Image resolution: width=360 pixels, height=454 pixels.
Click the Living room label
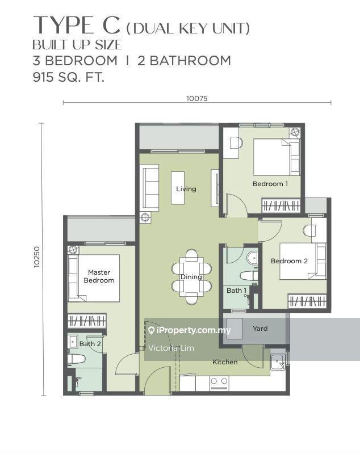(186, 189)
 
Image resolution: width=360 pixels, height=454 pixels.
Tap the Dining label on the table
(191, 277)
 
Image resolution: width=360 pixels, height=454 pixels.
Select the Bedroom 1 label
(270, 183)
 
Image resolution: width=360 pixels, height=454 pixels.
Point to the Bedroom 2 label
(289, 261)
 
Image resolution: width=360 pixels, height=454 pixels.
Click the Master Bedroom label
(99, 276)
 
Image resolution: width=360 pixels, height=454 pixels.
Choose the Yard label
(260, 329)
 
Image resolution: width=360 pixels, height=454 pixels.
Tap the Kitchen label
(225, 362)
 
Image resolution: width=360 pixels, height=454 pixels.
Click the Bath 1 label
(236, 291)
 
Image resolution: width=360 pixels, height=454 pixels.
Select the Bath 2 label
(90, 344)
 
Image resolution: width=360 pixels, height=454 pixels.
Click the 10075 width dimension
(197, 98)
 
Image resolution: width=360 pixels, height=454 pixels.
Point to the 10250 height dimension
(37, 257)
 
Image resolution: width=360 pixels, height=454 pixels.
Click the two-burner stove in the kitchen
(219, 382)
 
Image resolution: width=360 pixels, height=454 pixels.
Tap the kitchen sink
(278, 362)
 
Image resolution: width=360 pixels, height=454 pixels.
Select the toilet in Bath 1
(249, 275)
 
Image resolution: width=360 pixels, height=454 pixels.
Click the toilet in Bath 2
(76, 359)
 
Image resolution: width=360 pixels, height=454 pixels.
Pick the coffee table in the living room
(178, 188)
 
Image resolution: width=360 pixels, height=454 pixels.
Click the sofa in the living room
(149, 188)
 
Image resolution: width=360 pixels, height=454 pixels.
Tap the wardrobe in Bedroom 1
(281, 206)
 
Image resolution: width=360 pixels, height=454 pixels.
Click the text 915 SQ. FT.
(69, 77)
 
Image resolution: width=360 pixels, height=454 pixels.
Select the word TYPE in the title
(64, 26)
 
